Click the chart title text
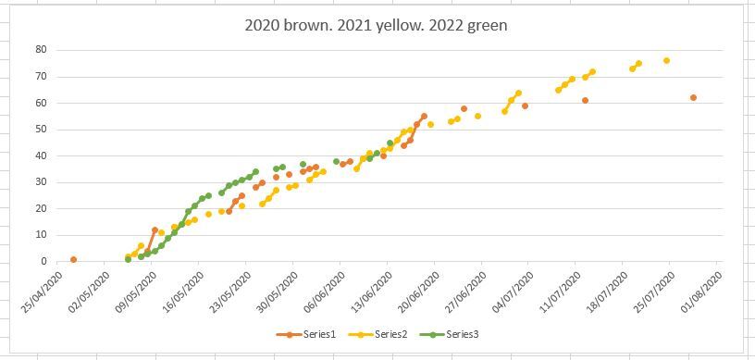click(376, 25)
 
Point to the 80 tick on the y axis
click(41, 50)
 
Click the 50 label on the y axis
click(41, 130)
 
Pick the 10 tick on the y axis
click(41, 235)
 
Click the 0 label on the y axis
click(43, 262)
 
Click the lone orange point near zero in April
click(73, 260)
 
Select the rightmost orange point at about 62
click(693, 97)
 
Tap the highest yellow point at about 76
click(666, 60)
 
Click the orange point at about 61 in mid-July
click(585, 100)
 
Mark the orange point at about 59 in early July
click(525, 106)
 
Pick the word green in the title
click(485, 25)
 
